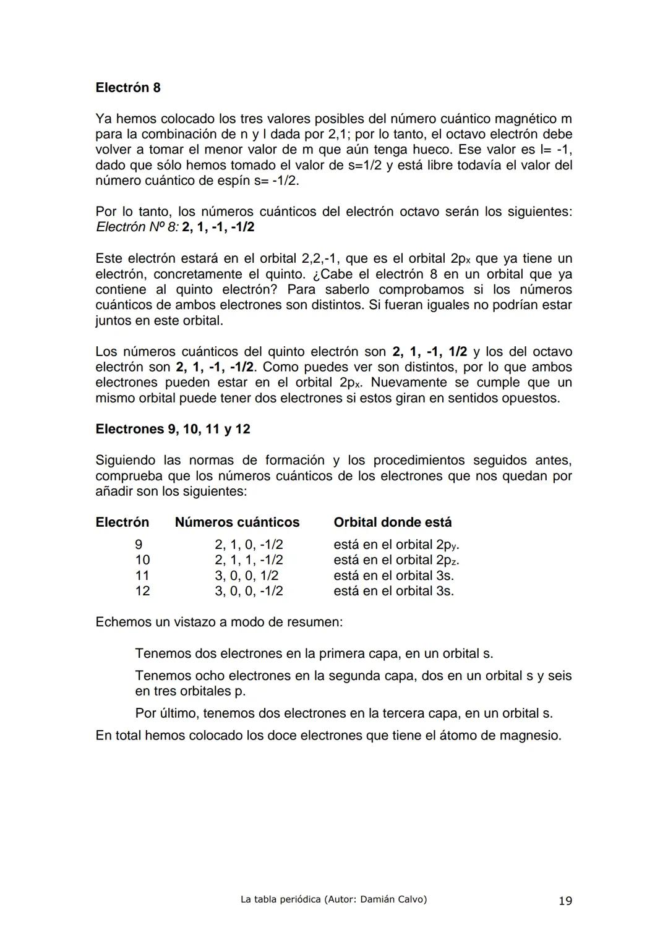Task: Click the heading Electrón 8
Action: click(128, 88)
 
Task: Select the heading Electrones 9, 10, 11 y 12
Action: click(173, 429)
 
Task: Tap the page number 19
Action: click(565, 901)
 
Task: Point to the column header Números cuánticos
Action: click(237, 522)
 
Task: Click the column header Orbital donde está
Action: click(392, 522)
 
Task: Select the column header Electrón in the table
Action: click(122, 522)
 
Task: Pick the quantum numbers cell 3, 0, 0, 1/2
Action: click(246, 576)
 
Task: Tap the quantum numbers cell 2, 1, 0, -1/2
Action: click(249, 545)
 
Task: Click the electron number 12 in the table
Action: click(142, 591)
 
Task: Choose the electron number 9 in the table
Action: click(139, 545)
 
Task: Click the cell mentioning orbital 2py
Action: click(396, 545)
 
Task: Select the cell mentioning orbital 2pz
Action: click(396, 560)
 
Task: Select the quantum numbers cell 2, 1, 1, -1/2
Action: click(249, 560)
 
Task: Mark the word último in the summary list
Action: click(178, 713)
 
